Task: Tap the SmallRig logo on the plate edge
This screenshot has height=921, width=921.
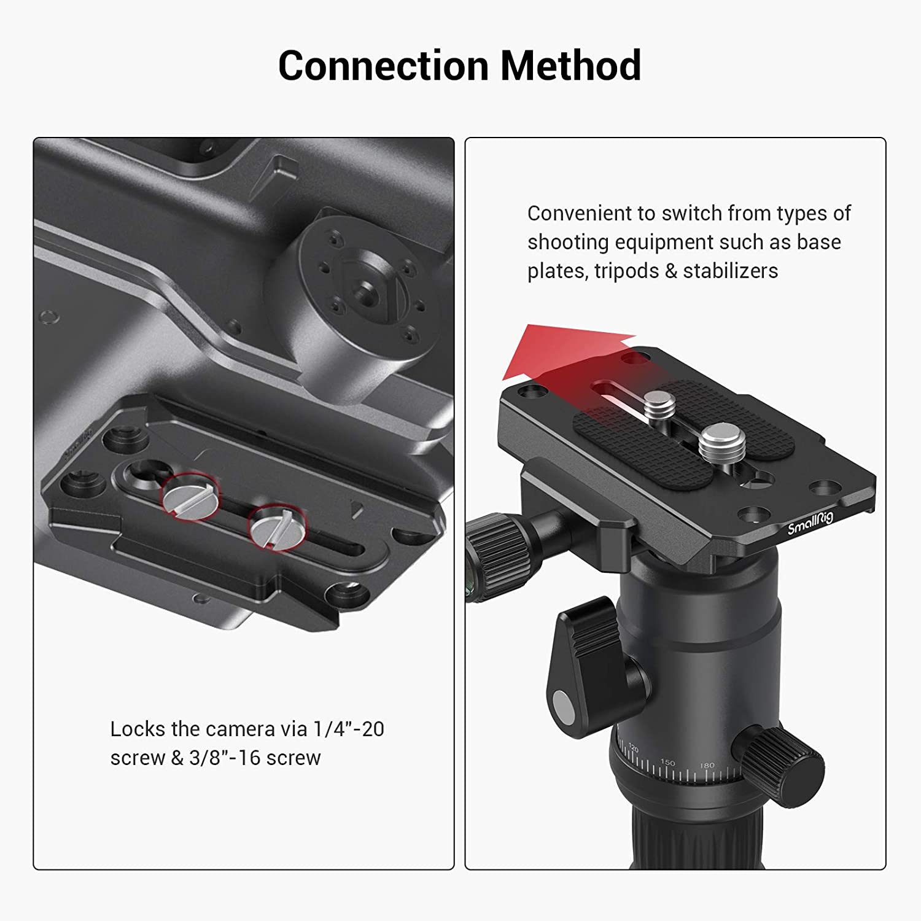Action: pyautogui.click(x=810, y=523)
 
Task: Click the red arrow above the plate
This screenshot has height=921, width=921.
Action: pyautogui.click(x=568, y=356)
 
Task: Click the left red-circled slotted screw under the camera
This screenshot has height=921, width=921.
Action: pyautogui.click(x=190, y=495)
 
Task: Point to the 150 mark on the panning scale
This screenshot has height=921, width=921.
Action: pyautogui.click(x=667, y=763)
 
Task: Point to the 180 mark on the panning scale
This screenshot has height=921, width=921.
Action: pyautogui.click(x=707, y=765)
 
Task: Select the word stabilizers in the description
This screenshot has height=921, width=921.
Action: pyautogui.click(x=731, y=271)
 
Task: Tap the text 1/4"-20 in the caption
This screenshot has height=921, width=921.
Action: pyautogui.click(x=349, y=729)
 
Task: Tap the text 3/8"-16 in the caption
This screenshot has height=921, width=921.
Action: pyautogui.click(x=225, y=758)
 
